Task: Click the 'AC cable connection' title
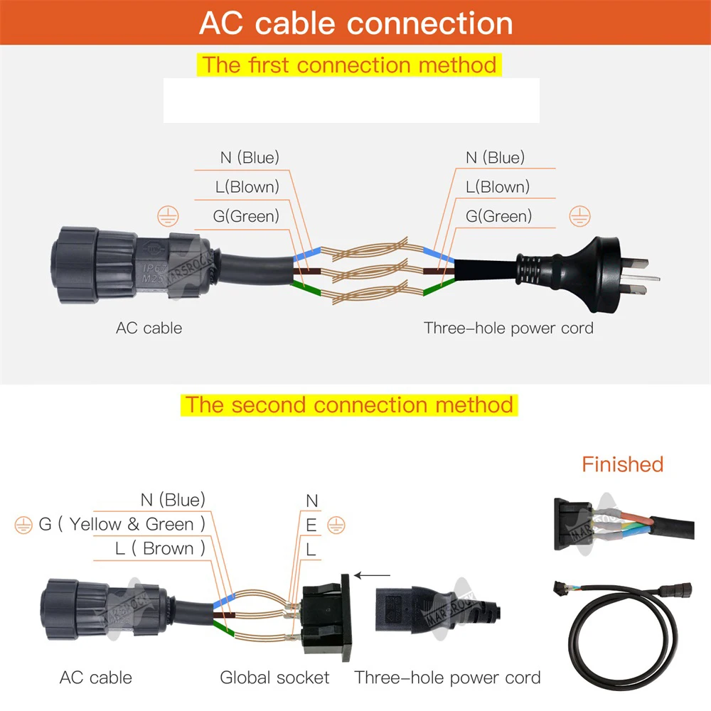pyautogui.click(x=355, y=23)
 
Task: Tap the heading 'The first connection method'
pyautogui.click(x=349, y=65)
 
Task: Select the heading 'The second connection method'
pyautogui.click(x=349, y=405)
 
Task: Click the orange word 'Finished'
pyautogui.click(x=622, y=464)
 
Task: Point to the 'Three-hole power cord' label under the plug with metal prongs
pyautogui.click(x=508, y=328)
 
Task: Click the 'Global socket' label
pyautogui.click(x=274, y=678)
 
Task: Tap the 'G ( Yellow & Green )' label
pyautogui.click(x=122, y=524)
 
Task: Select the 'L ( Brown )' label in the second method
pyautogui.click(x=160, y=548)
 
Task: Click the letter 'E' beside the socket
pyautogui.click(x=311, y=525)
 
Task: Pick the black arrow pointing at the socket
pyautogui.click(x=373, y=575)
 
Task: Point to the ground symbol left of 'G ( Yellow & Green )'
pyautogui.click(x=23, y=525)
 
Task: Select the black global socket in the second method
pyautogui.click(x=327, y=615)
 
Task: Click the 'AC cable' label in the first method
pyautogui.click(x=149, y=328)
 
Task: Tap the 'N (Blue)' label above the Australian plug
pyautogui.click(x=495, y=157)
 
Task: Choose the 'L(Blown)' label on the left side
pyautogui.click(x=247, y=187)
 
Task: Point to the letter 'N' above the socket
pyautogui.click(x=311, y=501)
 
